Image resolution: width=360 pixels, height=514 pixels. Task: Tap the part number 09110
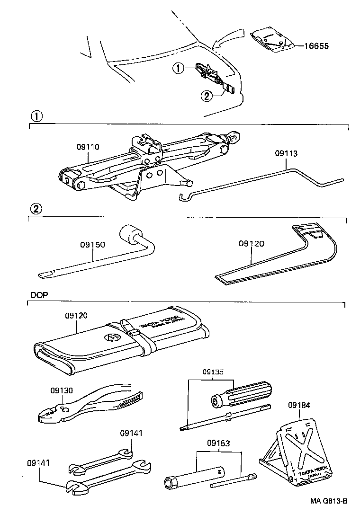pyautogui.click(x=88, y=147)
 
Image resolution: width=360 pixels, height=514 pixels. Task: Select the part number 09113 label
pyautogui.click(x=287, y=154)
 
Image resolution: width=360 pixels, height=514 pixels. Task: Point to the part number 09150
pyautogui.click(x=92, y=245)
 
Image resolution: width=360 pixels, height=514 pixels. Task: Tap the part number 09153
pyautogui.click(x=218, y=443)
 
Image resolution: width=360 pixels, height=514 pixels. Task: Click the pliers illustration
pyautogui.click(x=90, y=403)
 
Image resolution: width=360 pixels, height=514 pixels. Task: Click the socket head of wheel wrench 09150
pyautogui.click(x=130, y=234)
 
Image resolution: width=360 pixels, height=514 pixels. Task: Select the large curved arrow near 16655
pyautogui.click(x=230, y=38)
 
